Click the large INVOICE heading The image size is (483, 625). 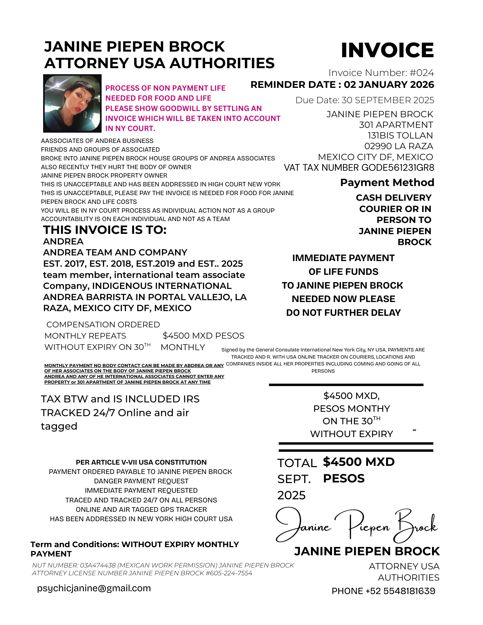387,50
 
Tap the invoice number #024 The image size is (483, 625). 422,73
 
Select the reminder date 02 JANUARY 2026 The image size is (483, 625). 389,85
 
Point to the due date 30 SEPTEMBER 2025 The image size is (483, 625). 388,100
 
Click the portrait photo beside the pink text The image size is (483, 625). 72,103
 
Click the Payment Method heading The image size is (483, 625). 387,183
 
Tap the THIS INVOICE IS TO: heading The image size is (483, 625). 105,230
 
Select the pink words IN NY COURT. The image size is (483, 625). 130,129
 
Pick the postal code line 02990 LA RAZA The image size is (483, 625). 399,146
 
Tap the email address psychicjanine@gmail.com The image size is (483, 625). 94,588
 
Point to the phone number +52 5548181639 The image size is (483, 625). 400,591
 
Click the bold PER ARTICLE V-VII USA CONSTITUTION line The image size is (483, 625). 141,462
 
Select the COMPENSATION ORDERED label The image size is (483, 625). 103,325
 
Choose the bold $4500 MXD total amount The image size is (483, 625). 359,462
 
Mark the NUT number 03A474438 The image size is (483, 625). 98,565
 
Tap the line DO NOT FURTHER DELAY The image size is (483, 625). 343,313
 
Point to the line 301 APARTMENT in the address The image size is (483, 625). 396,125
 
